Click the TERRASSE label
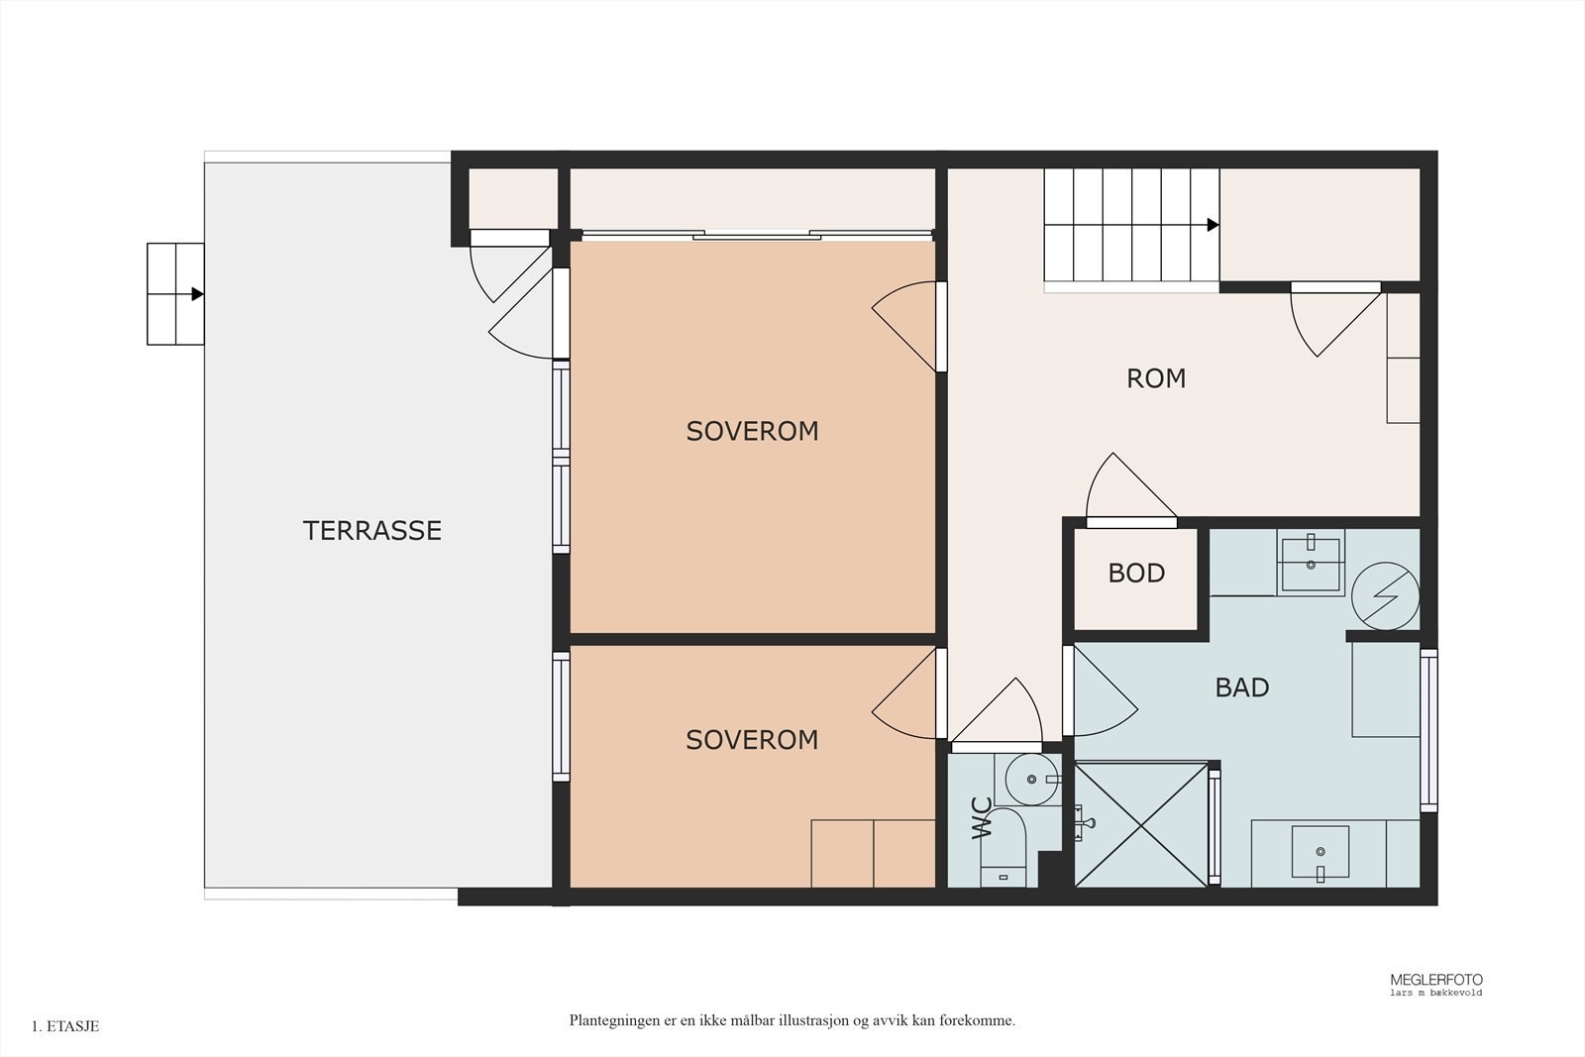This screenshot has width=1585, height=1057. click(x=372, y=531)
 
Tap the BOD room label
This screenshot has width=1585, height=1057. click(x=1136, y=573)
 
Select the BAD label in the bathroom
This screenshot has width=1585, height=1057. click(x=1242, y=687)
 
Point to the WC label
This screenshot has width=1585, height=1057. click(x=982, y=818)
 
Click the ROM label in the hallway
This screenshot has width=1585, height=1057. click(x=1156, y=378)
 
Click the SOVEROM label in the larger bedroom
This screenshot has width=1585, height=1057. click(x=752, y=432)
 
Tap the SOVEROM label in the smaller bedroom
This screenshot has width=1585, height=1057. click(x=752, y=740)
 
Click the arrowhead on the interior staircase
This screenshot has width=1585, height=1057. click(x=1213, y=225)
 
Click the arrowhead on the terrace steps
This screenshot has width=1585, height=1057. click(x=197, y=293)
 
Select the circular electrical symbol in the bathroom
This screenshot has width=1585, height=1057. click(x=1386, y=595)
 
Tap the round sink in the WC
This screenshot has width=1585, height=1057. click(x=1032, y=779)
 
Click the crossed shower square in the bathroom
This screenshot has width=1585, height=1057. click(x=1140, y=824)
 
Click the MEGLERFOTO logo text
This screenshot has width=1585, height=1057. click(x=1435, y=980)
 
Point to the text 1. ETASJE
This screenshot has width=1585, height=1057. click(x=65, y=1026)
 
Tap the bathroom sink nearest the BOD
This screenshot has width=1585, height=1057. click(x=1311, y=564)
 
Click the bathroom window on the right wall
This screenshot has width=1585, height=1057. click(x=1428, y=730)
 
